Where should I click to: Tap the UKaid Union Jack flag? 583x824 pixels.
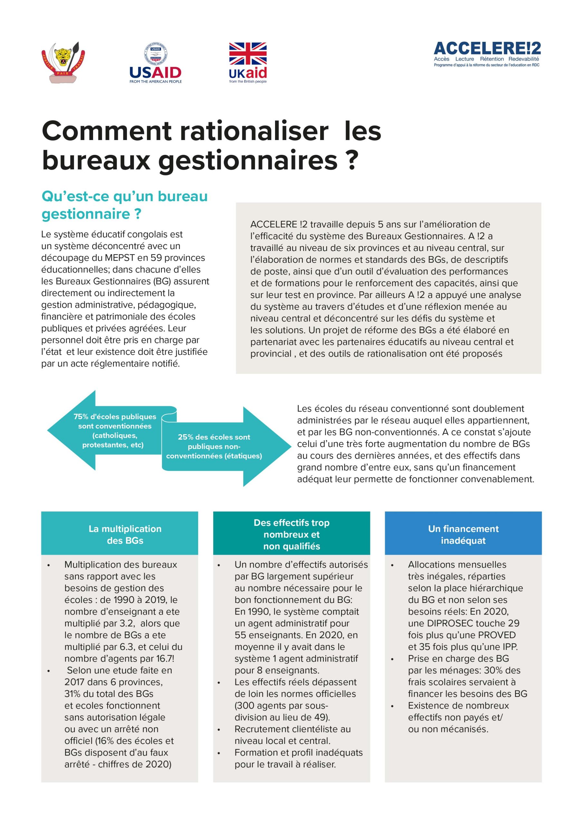248,53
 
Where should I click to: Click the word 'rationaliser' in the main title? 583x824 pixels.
254,131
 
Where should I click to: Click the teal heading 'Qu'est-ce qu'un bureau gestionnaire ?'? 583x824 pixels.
124,205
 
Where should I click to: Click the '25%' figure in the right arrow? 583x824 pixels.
186,437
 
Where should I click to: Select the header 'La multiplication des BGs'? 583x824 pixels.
125,534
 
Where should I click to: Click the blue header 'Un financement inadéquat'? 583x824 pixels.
463,534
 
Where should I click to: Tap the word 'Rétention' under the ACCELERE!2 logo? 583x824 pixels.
492,59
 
